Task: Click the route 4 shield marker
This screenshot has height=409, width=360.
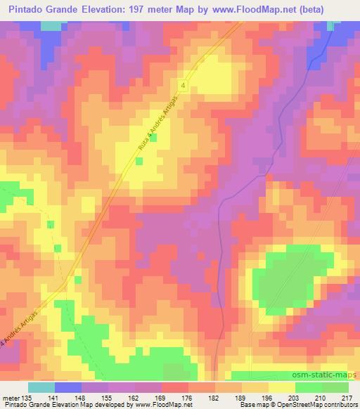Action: point(184,84)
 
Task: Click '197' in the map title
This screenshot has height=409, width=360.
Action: point(157,10)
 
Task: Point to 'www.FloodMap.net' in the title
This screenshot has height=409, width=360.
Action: point(280,10)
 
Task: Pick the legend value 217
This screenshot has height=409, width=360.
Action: point(347,397)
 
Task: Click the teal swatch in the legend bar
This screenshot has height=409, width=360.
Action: point(41,387)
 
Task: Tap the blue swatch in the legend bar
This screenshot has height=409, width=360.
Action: point(68,387)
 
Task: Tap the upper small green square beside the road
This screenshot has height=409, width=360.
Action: point(153,138)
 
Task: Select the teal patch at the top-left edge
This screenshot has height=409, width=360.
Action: point(51,25)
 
